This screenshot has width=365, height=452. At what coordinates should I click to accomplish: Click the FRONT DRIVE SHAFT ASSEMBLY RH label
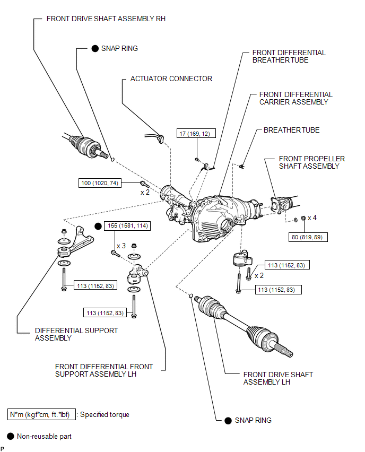pos(106,18)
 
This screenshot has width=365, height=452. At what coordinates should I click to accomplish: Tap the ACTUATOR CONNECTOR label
pos(171,79)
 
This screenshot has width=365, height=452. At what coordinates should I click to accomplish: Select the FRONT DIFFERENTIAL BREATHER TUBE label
pos(289,56)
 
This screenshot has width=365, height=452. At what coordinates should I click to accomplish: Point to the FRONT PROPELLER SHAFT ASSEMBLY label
pos(312,162)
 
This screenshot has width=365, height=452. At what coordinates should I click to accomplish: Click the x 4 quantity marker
pos(312,218)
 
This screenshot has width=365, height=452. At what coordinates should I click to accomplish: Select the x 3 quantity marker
pos(120,246)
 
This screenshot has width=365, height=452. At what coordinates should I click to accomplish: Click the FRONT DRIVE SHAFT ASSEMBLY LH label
pos(278,378)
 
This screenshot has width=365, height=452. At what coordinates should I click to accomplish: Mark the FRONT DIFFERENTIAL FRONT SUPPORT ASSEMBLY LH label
pos(103,370)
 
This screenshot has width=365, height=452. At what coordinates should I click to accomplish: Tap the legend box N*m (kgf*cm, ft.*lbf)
pos(42,414)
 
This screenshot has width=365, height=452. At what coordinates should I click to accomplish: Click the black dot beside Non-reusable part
pos(10,437)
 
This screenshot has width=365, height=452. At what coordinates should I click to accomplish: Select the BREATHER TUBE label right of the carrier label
pos(291,130)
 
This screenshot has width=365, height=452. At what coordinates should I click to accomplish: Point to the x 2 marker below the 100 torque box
pos(145,192)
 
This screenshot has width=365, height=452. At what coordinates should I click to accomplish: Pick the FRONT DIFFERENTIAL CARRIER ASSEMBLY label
pos(296,98)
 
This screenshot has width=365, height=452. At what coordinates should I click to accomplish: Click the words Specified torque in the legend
pos(105,414)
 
